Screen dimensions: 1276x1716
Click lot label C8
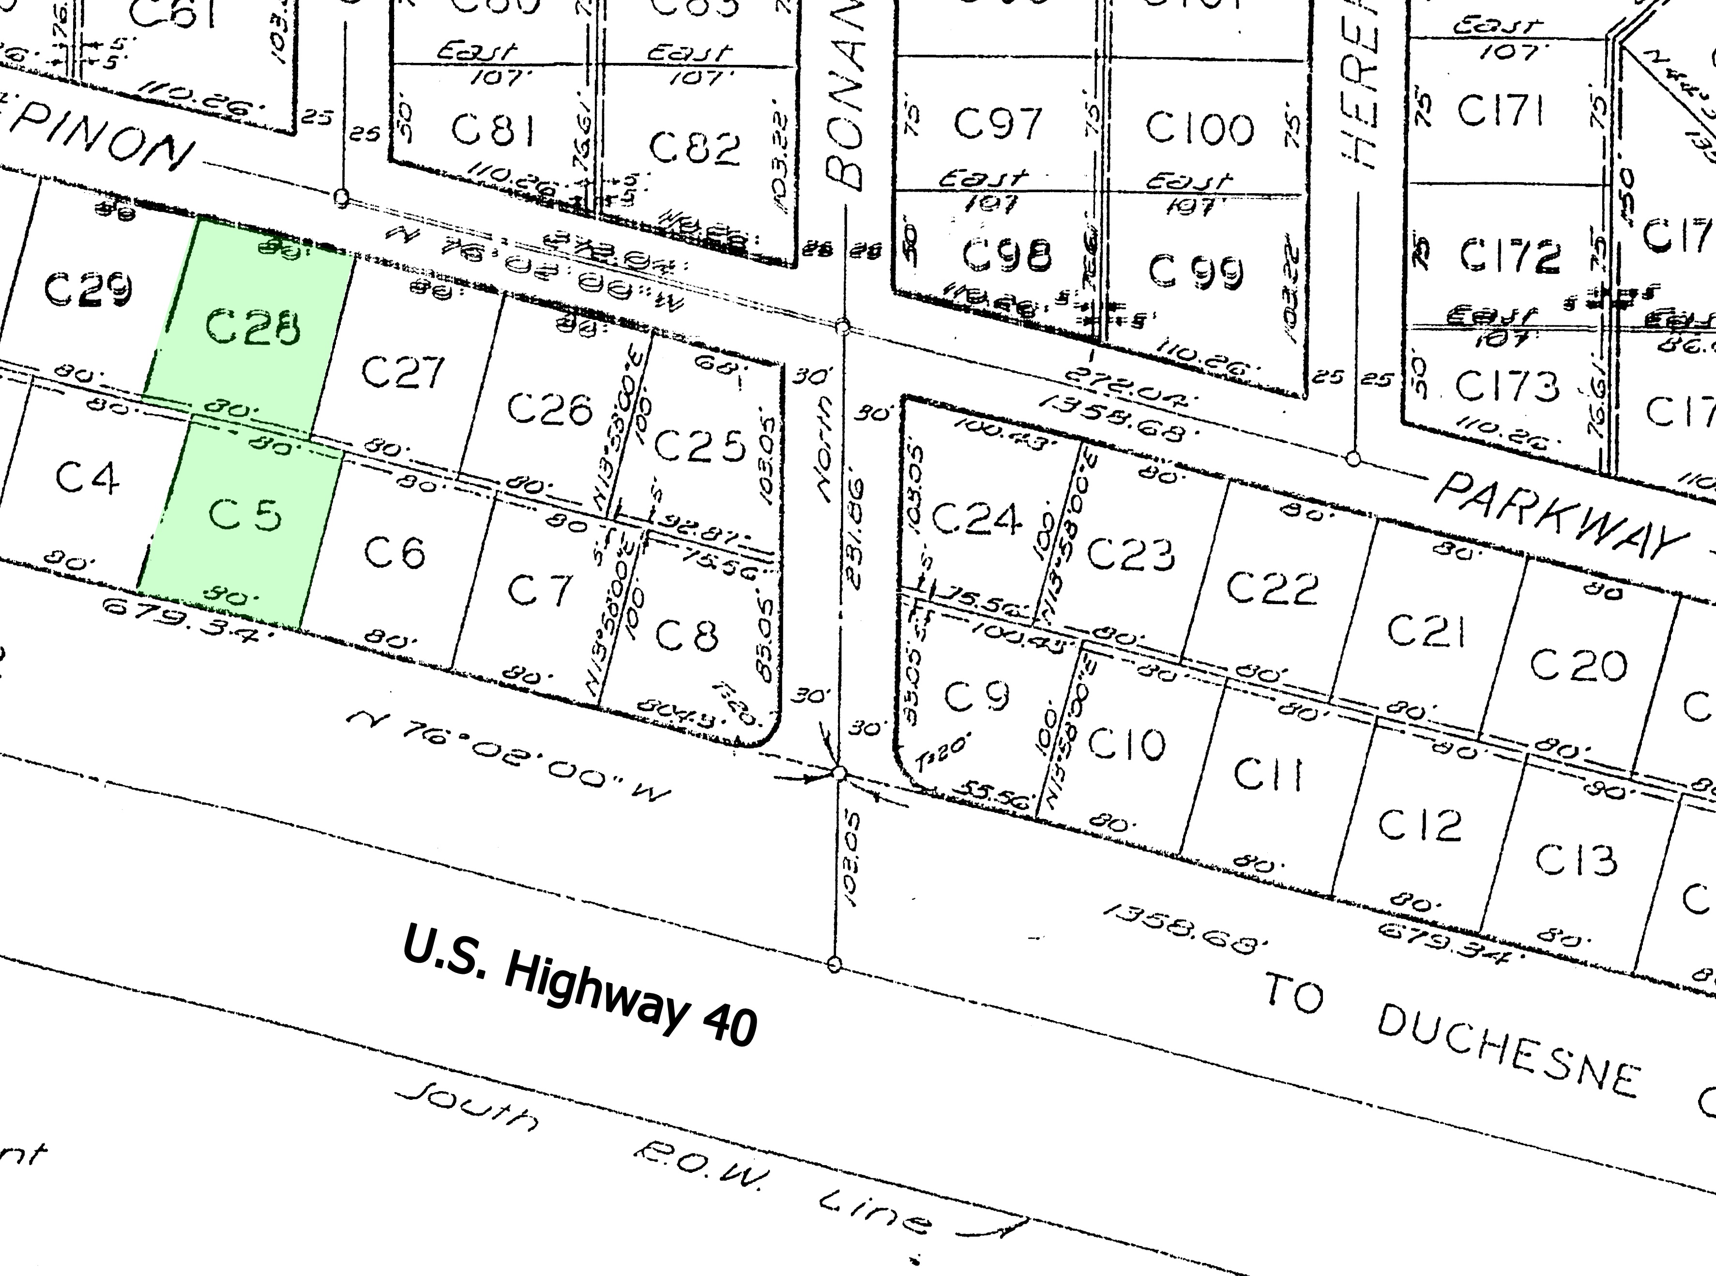(x=686, y=635)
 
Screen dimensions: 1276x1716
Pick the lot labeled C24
(x=976, y=517)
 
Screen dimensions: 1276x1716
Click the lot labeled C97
(x=998, y=123)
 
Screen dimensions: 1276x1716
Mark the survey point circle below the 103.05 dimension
(x=834, y=964)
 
